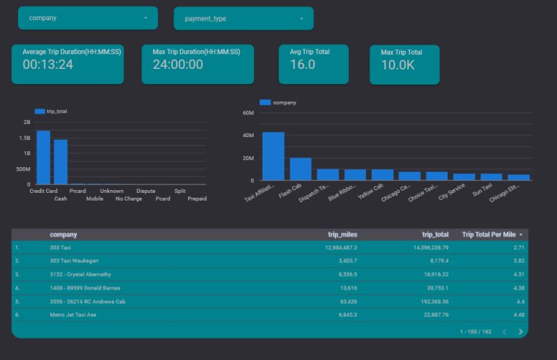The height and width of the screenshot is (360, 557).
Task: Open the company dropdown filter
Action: (88, 18)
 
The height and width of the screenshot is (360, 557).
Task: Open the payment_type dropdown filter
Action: (243, 18)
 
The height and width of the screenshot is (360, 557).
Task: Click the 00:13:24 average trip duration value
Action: (48, 65)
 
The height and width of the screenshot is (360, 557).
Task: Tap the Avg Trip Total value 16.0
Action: (303, 65)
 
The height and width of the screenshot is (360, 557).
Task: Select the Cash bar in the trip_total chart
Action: (61, 162)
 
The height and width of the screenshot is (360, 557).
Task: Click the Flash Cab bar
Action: (300, 169)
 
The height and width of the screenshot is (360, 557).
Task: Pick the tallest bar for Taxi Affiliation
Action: (273, 156)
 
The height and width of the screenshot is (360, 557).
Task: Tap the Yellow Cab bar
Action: (382, 175)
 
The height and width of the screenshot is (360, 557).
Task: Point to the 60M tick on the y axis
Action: (248, 113)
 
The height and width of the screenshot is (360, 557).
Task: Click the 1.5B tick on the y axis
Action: (26, 138)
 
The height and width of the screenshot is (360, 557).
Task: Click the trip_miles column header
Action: (343, 235)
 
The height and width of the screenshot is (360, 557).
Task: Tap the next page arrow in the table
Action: (520, 331)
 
